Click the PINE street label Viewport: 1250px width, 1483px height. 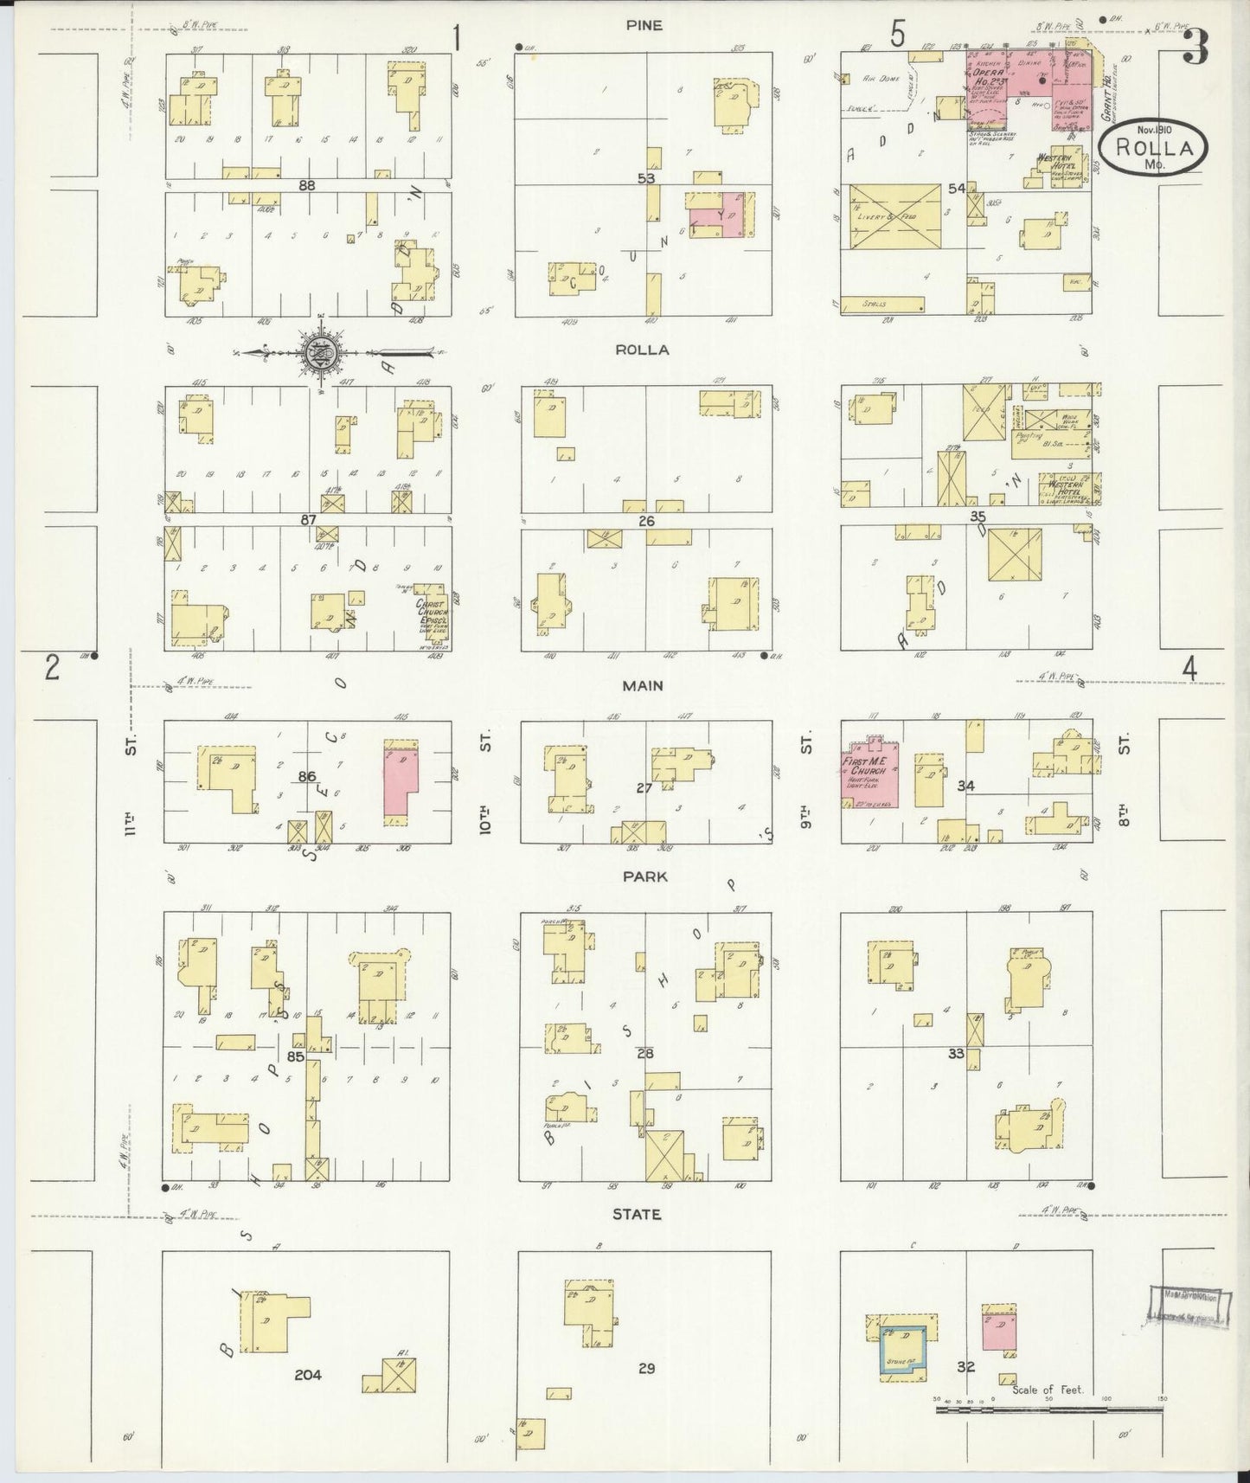(644, 25)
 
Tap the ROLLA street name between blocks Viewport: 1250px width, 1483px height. (643, 350)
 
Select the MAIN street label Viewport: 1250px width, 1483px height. (643, 685)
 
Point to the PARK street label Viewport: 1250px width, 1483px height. (644, 876)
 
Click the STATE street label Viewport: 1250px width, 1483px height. (637, 1214)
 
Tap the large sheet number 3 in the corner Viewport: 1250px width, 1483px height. (1195, 47)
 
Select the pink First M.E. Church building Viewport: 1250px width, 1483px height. (871, 772)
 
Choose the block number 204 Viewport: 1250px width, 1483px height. (307, 1373)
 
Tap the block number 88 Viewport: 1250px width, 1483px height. (305, 184)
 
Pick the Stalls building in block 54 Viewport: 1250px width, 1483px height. (881, 304)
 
